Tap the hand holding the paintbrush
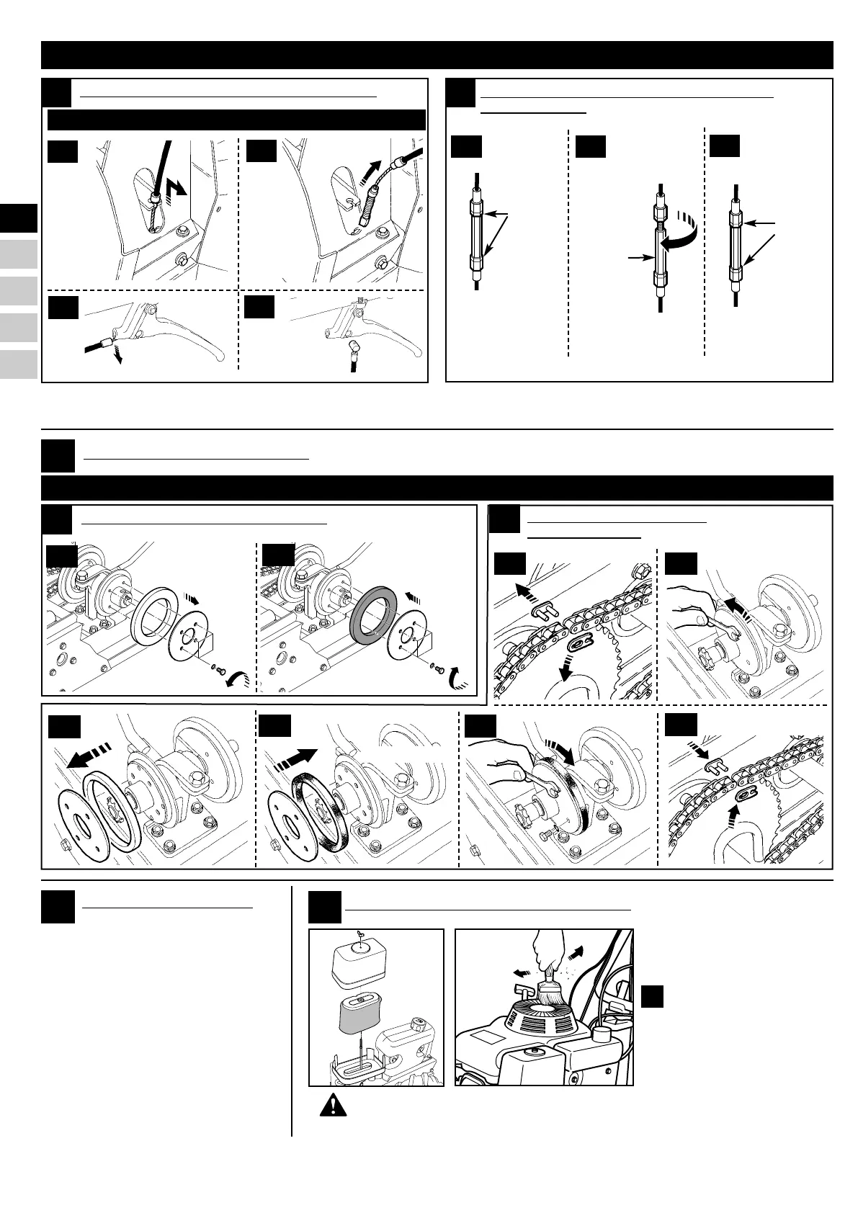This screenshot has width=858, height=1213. [545, 944]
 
